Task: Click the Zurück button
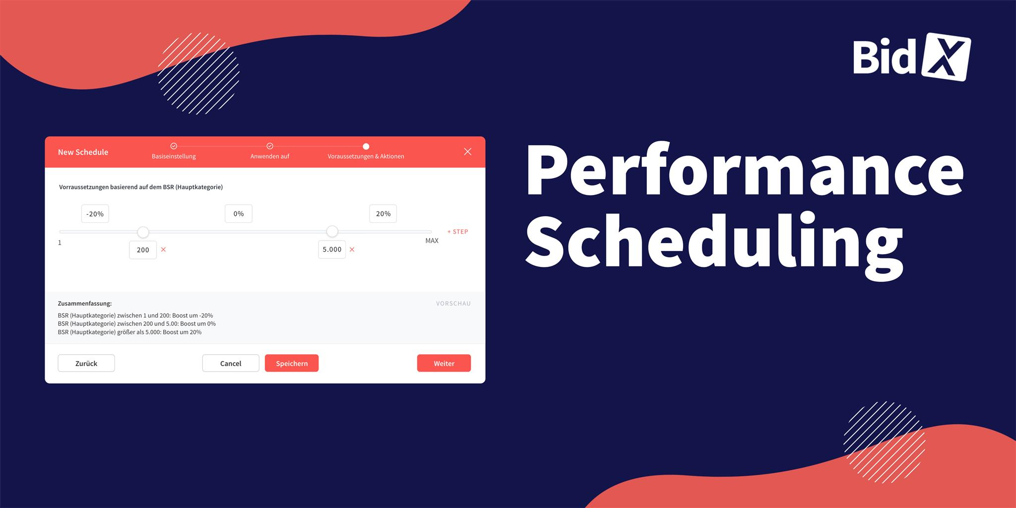(86, 363)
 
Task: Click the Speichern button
(292, 363)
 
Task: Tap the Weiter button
(444, 363)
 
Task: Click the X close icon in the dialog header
(468, 152)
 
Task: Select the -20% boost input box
(95, 214)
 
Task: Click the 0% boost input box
(239, 214)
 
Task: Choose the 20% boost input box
(383, 214)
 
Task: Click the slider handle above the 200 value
(143, 232)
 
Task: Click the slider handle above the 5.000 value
(332, 232)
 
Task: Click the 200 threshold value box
(143, 250)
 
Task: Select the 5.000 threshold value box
(332, 250)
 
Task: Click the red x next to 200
(163, 250)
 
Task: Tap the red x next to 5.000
(352, 250)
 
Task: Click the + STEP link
(457, 232)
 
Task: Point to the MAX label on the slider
(432, 241)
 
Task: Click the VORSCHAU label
(453, 304)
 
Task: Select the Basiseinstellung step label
(174, 156)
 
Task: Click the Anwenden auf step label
(270, 156)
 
